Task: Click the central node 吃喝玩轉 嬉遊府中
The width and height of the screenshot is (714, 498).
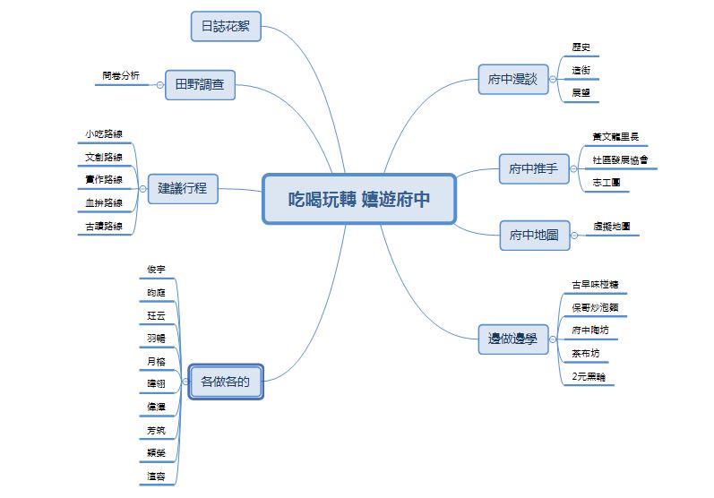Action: (359, 199)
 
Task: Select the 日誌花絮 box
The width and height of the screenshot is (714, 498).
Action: (225, 27)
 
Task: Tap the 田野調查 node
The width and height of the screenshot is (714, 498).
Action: (200, 86)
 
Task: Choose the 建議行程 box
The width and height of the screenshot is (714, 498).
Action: (183, 188)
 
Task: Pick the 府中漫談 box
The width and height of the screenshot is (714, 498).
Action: (512, 80)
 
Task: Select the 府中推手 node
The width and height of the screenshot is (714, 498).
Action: (533, 167)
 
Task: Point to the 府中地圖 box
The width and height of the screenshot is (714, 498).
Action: (533, 236)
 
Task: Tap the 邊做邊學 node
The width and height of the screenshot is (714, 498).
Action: (512, 339)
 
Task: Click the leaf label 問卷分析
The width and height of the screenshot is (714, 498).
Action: (120, 76)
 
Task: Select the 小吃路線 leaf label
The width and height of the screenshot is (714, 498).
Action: (104, 134)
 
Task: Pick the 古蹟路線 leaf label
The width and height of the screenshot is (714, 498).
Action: (104, 228)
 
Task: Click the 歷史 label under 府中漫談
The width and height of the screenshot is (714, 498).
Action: (581, 47)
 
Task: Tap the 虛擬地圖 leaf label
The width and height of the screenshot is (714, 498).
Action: (611, 227)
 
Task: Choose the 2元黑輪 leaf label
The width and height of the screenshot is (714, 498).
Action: (588, 377)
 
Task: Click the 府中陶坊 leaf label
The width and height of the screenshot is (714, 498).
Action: (589, 331)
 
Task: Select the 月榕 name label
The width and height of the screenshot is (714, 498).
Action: (156, 361)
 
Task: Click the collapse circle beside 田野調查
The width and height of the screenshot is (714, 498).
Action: (160, 86)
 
